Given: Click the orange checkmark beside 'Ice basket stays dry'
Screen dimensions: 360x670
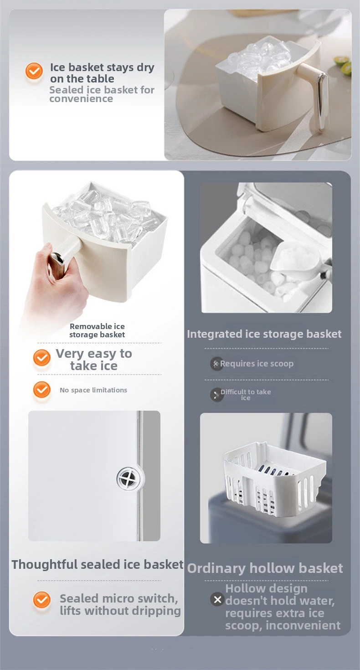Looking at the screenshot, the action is pyautogui.click(x=34, y=71).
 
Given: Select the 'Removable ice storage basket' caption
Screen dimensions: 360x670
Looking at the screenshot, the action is pyautogui.click(x=97, y=330).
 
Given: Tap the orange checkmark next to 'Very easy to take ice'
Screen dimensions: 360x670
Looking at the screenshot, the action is pyautogui.click(x=41, y=358).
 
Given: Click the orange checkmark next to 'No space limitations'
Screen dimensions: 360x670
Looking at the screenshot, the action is pyautogui.click(x=41, y=389).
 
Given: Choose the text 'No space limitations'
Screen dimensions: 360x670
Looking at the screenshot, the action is pyautogui.click(x=93, y=390).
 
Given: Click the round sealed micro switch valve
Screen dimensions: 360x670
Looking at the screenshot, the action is pyautogui.click(x=129, y=478).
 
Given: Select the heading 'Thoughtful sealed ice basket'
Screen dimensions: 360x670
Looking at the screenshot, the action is pyautogui.click(x=98, y=564).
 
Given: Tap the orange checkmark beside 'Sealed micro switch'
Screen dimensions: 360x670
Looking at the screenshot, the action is pyautogui.click(x=41, y=600).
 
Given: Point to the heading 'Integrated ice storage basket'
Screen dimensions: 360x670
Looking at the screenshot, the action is pyautogui.click(x=264, y=334).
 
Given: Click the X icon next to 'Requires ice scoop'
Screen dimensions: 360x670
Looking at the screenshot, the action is pyautogui.click(x=216, y=364).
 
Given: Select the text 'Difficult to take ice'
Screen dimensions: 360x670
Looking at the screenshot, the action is pyautogui.click(x=246, y=395).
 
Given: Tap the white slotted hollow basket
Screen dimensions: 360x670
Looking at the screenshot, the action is pyautogui.click(x=273, y=479).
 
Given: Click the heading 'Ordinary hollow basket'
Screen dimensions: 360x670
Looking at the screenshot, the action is pyautogui.click(x=265, y=568).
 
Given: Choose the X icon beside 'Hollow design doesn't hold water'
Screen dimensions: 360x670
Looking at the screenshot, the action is pyautogui.click(x=217, y=599).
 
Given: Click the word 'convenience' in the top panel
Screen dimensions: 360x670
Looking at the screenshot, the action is pyautogui.click(x=81, y=99).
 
